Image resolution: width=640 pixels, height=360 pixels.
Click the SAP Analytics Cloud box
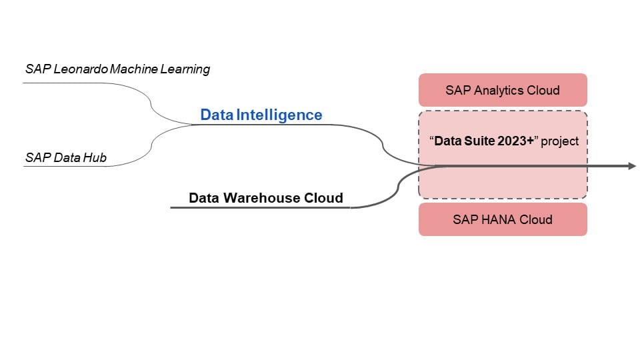click(x=503, y=90)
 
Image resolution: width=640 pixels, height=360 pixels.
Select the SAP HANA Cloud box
click(x=503, y=219)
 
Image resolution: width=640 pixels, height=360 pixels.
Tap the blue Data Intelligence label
click(x=261, y=115)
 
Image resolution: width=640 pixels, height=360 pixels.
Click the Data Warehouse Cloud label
click(x=265, y=198)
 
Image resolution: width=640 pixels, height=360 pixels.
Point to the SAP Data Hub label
click(x=66, y=158)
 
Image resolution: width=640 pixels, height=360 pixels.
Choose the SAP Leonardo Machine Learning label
click(x=117, y=69)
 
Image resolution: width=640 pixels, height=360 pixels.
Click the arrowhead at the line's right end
click(x=631, y=165)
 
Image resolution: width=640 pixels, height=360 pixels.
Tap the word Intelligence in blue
click(x=279, y=115)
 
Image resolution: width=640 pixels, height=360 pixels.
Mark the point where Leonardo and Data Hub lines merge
click(x=193, y=124)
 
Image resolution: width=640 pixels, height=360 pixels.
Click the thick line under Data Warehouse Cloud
click(x=260, y=207)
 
